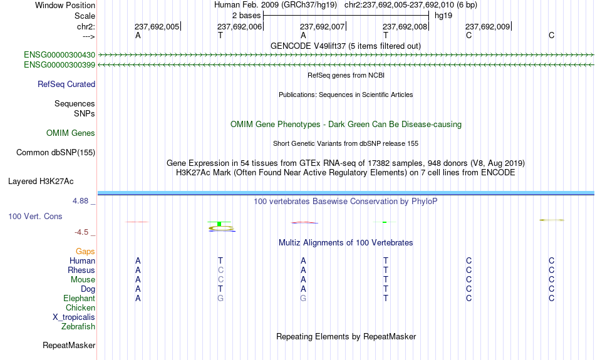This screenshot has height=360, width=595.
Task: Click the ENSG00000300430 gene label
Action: (59, 55)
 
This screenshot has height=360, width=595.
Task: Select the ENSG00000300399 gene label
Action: (59, 65)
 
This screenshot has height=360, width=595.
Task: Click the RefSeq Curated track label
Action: (66, 85)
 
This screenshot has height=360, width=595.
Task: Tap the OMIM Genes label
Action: (71, 133)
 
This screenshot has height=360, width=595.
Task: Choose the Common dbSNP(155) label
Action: (56, 153)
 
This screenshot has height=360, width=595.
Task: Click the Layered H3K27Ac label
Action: (41, 182)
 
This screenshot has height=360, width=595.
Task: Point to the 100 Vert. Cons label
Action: (35, 216)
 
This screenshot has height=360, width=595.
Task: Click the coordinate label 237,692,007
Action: (322, 26)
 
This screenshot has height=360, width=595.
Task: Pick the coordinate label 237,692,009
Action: (488, 26)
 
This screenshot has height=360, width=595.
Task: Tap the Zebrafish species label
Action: (78, 327)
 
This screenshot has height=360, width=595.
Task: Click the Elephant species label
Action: (80, 299)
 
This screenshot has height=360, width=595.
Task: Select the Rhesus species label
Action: (81, 270)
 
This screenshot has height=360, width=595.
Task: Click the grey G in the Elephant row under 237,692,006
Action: (220, 299)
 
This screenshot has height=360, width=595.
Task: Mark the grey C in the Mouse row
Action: (220, 280)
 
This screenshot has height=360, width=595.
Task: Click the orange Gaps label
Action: (85, 252)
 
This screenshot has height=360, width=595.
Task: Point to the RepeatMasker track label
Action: (69, 346)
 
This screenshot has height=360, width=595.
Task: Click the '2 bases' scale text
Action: (247, 16)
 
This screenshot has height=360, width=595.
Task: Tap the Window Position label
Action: (65, 5)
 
